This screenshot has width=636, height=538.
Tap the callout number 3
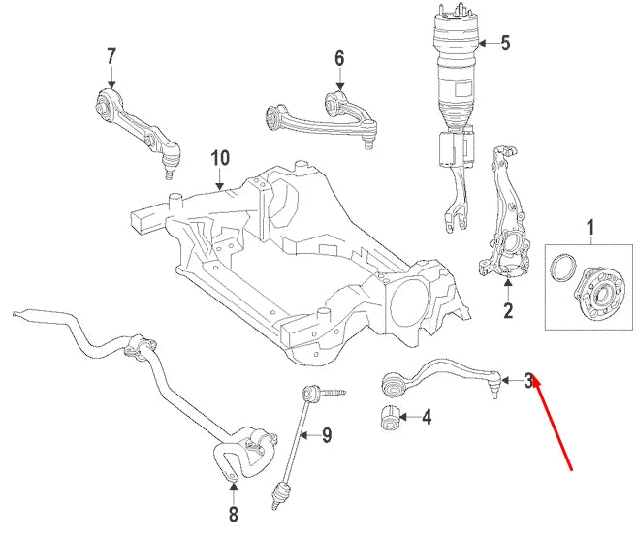(529, 381)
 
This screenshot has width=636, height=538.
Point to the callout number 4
(427, 418)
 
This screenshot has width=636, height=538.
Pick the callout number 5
(504, 42)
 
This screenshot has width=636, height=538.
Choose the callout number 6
(339, 58)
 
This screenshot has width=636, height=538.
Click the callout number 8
(233, 513)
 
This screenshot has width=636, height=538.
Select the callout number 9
(327, 435)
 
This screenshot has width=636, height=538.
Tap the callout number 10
(220, 156)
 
